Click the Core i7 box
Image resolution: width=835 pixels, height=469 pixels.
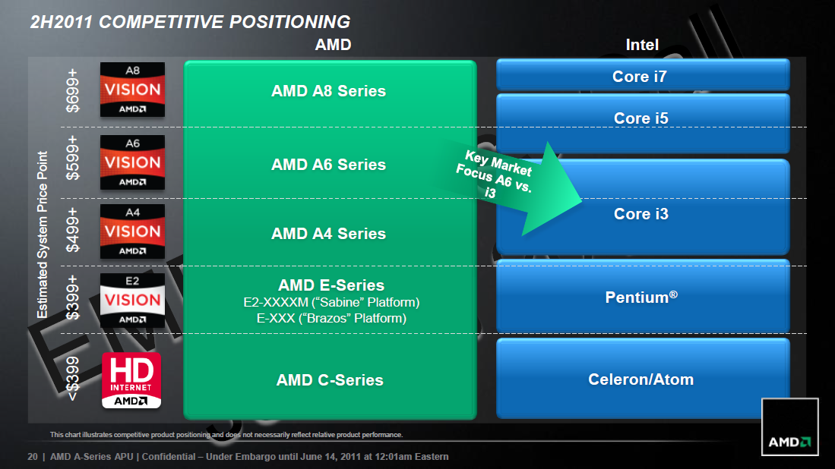[x=642, y=76]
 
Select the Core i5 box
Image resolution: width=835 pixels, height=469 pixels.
[x=642, y=118]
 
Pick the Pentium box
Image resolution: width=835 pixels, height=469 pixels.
[x=642, y=297]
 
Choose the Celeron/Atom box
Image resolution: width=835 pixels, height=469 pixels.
[x=642, y=379]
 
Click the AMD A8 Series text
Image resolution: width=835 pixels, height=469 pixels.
[x=328, y=91]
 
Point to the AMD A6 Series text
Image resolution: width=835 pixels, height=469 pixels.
[x=328, y=165]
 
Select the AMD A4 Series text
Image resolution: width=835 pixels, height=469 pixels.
[x=328, y=234]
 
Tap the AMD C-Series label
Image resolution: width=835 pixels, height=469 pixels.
[x=330, y=379]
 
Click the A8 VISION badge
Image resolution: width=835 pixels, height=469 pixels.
[x=132, y=90]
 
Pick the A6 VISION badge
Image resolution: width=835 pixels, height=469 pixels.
[x=132, y=162]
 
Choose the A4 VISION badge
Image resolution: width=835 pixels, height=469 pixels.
[x=132, y=231]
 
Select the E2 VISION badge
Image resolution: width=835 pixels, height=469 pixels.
[x=132, y=300]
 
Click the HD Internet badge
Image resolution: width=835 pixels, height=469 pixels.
[x=132, y=380]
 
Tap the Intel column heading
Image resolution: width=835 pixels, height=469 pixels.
[x=642, y=45]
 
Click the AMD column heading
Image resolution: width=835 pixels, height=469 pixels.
[x=333, y=45]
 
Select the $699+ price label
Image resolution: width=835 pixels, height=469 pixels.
[x=73, y=90]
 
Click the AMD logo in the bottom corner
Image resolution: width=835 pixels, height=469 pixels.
[x=790, y=427]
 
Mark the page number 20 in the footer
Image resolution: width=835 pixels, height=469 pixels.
[x=32, y=457]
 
